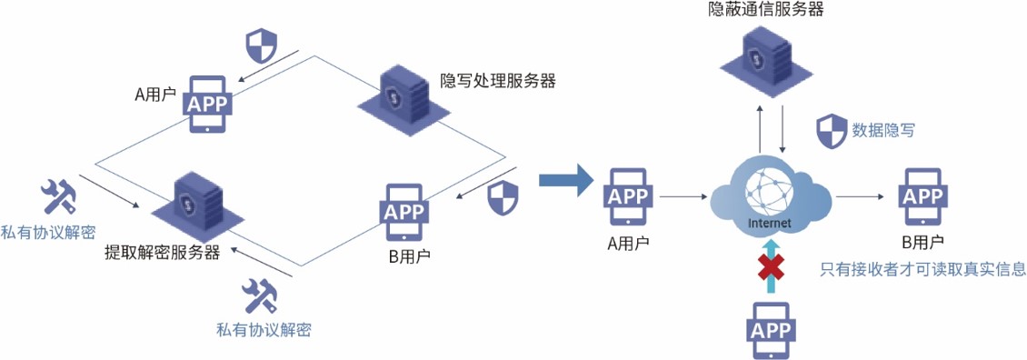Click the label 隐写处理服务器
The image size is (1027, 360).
(x=497, y=81)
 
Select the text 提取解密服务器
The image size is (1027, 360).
(x=163, y=253)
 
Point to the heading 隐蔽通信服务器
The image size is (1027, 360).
(x=765, y=11)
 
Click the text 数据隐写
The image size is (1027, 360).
(x=882, y=130)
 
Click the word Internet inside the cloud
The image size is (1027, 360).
(x=769, y=224)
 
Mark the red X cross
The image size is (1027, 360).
(x=773, y=270)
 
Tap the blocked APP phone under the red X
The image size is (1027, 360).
(x=772, y=328)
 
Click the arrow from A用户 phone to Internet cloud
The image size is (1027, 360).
(x=684, y=196)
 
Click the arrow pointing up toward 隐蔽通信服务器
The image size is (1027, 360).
(x=759, y=128)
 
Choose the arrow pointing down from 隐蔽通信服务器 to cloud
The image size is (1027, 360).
(x=783, y=128)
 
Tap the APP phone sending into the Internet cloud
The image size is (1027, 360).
(x=627, y=196)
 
